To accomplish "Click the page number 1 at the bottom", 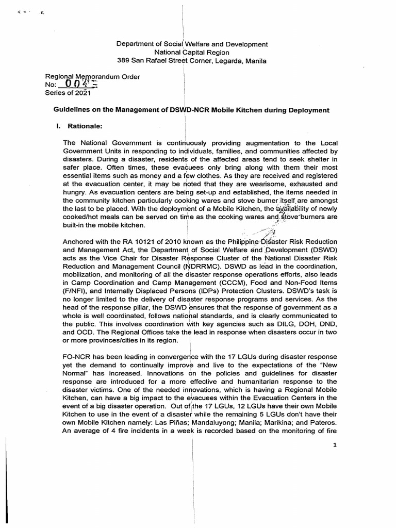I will point(334,447).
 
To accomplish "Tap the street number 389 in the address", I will point(124,60).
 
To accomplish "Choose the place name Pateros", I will point(323,423).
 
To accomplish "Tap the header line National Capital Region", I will point(192,52).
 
